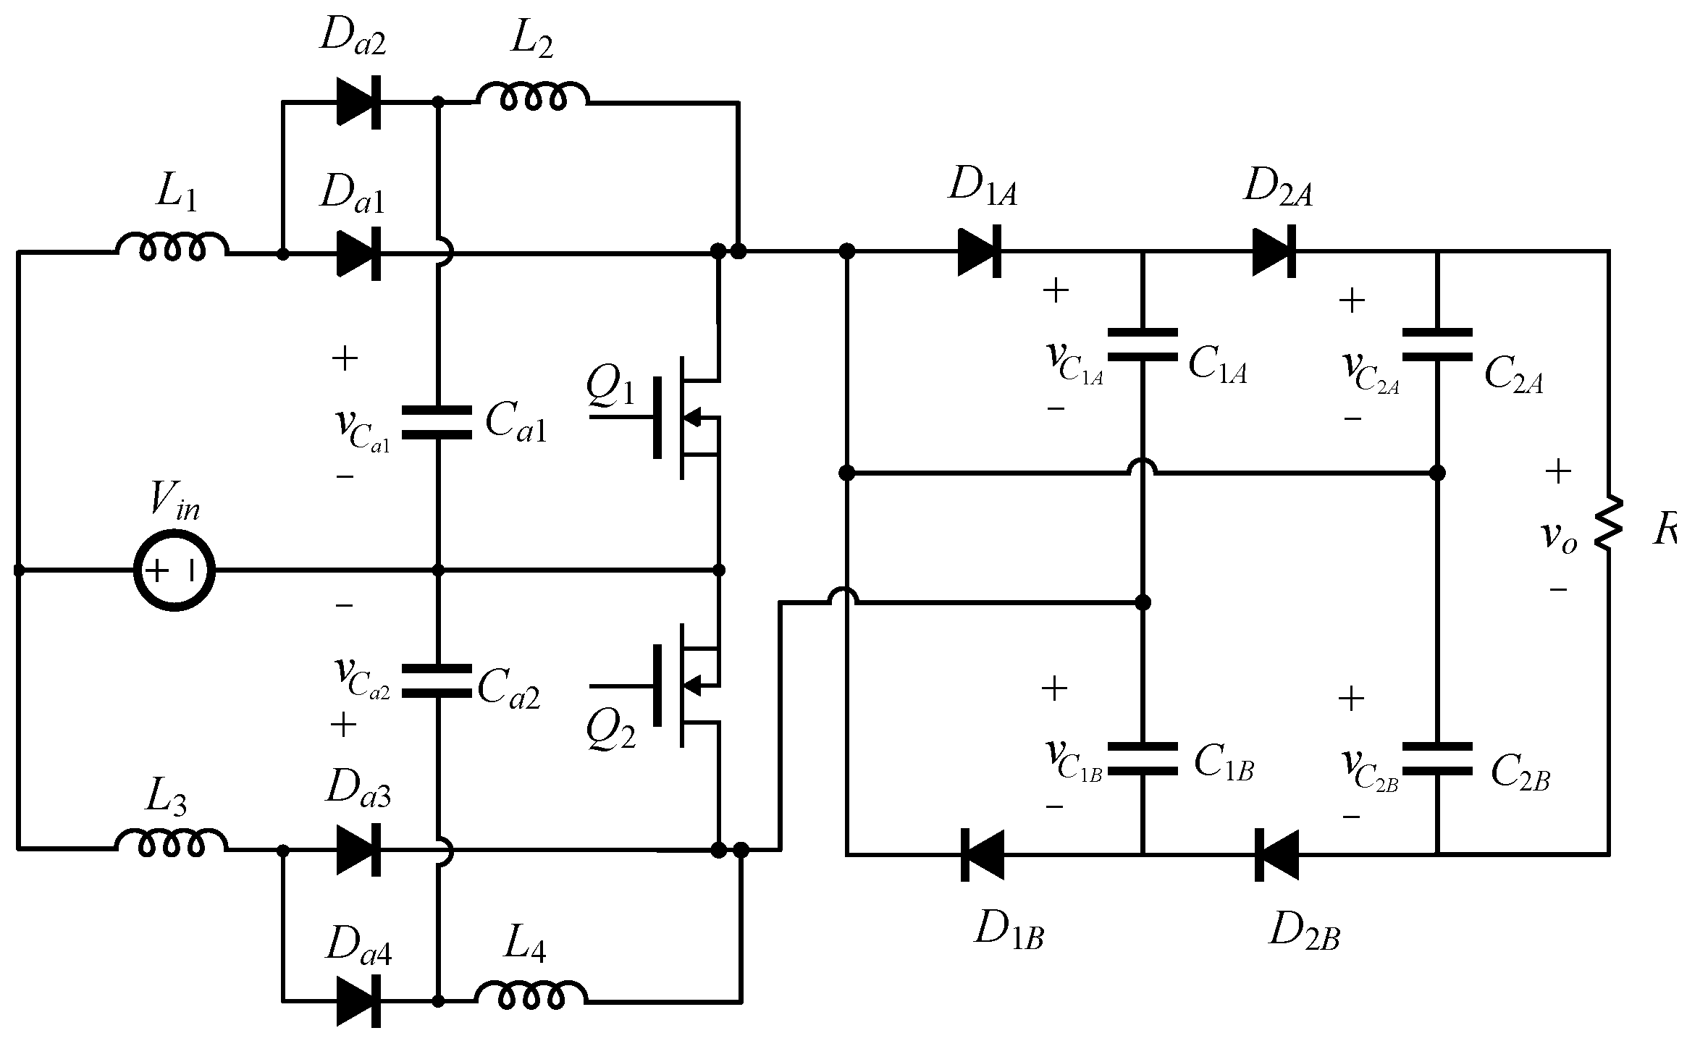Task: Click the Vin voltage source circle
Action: pyautogui.click(x=174, y=570)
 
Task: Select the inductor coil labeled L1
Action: pyautogui.click(x=172, y=246)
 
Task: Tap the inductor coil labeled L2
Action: pyautogui.click(x=532, y=96)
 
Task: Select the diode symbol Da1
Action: pyautogui.click(x=359, y=253)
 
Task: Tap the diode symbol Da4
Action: pyautogui.click(x=359, y=1001)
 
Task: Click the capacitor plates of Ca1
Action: pyautogui.click(x=437, y=422)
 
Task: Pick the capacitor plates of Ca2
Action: pyautogui.click(x=437, y=680)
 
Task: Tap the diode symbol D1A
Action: pyautogui.click(x=980, y=252)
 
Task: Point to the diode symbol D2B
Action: pyautogui.click(x=1276, y=855)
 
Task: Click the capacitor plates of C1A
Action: pyautogui.click(x=1143, y=345)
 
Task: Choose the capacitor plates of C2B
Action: pyautogui.click(x=1437, y=759)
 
